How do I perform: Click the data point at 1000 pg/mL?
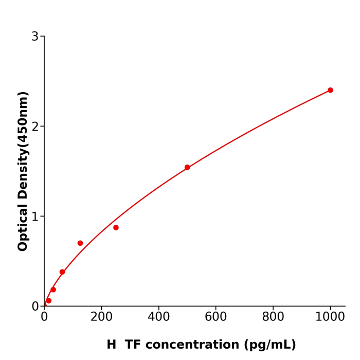tap(330, 90)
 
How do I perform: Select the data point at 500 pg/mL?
tap(187, 167)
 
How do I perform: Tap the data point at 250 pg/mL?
tap(116, 227)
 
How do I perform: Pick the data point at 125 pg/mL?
tap(80, 243)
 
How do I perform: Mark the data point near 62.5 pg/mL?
tap(62, 272)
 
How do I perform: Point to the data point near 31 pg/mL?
tap(53, 290)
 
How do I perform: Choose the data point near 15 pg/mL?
tap(49, 301)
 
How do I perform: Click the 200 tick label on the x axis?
tap(101, 317)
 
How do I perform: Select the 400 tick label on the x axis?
tap(158, 317)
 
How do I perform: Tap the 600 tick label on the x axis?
tap(215, 317)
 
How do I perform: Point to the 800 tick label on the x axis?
tap(273, 317)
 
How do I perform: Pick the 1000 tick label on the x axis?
tap(330, 317)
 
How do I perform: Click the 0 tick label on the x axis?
tap(44, 317)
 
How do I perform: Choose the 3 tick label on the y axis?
tap(35, 37)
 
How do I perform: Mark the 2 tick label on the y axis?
tap(35, 127)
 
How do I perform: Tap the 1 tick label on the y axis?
tap(35, 217)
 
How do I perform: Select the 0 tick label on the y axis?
tap(35, 307)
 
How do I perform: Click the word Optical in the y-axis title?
tap(23, 227)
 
